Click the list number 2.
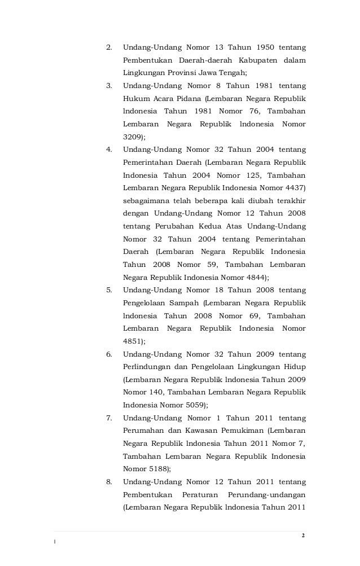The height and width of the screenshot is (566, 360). [109, 47]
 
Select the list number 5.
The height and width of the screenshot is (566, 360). [109, 290]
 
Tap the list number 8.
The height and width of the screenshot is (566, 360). [109, 481]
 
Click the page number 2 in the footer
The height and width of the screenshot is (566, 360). [303, 535]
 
